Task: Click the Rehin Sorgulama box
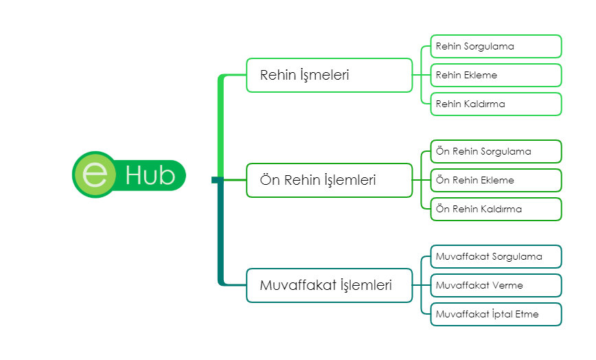[496, 47]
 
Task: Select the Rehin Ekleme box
[496, 76]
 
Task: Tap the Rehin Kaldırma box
[496, 104]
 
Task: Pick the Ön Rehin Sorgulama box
[496, 151]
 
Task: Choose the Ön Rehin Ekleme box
[496, 180]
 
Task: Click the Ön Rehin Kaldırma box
[496, 209]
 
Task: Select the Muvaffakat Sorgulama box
[496, 256]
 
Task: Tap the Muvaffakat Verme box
[496, 286]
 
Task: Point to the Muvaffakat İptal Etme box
[496, 315]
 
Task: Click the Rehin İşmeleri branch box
[329, 76]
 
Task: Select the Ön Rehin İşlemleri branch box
[329, 180]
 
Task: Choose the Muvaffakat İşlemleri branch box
[329, 286]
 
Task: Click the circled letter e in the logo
[95, 175]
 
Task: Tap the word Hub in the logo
[150, 176]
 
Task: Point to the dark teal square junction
[218, 180]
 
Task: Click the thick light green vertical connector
[220, 127]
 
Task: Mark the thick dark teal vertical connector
[220, 234]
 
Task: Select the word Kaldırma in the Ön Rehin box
[501, 209]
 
